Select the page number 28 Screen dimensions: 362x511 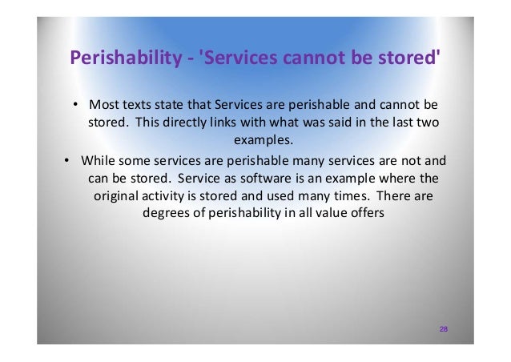pos(443,330)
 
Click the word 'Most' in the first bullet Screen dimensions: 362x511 pos(103,105)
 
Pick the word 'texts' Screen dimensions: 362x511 pos(135,105)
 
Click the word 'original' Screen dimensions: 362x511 pos(117,195)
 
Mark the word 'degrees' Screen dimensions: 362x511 pos(164,212)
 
